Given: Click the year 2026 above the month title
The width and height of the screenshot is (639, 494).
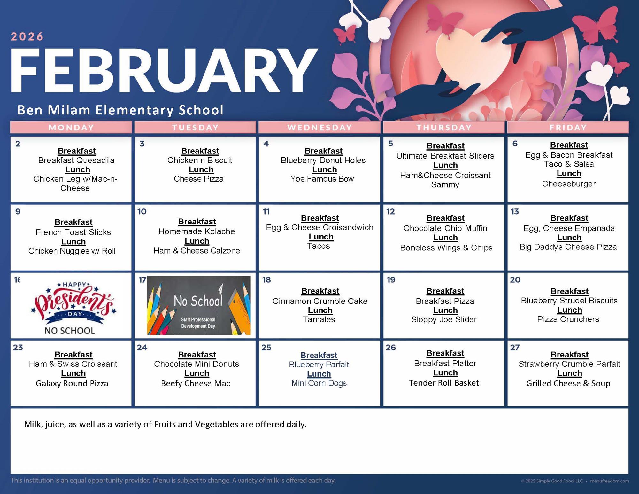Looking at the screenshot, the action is point(27,36).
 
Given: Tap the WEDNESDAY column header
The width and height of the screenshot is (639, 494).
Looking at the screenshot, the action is point(319,128).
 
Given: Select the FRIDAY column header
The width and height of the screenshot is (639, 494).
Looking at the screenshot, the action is point(568,128).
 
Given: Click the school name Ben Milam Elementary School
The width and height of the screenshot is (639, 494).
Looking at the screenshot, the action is point(120,110).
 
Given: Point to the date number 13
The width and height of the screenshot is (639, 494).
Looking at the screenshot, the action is point(515,211).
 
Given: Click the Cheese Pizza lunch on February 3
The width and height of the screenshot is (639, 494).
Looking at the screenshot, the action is point(198,179).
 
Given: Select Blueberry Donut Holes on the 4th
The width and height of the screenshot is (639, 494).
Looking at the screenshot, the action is point(323,160).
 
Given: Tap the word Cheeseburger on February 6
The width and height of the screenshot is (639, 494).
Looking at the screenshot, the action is point(569,184).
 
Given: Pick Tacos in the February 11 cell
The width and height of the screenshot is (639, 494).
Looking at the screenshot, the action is point(318,246).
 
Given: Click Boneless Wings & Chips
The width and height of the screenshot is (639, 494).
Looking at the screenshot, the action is point(446,248).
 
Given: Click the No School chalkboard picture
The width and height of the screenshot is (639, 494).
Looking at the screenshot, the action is point(199,305).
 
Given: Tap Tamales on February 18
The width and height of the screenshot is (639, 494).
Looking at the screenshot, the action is point(319,319).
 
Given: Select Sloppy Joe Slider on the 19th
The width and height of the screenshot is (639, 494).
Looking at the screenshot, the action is point(444,319).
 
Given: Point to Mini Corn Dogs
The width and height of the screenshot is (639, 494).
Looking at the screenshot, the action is point(319,383).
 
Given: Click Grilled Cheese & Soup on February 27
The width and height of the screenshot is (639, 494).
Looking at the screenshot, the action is point(568,383).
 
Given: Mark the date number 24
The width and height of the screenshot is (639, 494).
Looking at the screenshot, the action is point(142,348).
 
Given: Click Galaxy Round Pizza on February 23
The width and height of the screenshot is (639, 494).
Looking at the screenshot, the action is point(72,383).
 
